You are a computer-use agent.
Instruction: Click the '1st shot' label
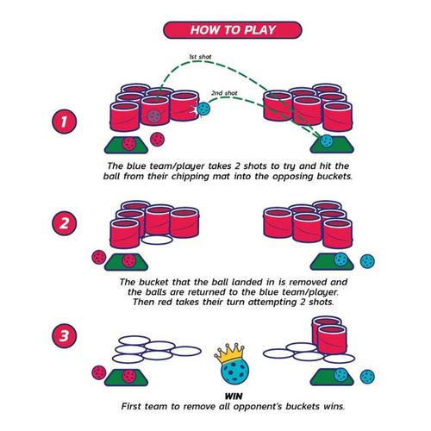pos(201,59)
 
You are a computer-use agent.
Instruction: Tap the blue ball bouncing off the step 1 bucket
pos(204,110)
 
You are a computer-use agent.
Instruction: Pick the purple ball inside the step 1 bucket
pos(154,112)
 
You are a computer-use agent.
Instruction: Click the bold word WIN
pos(229,395)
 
